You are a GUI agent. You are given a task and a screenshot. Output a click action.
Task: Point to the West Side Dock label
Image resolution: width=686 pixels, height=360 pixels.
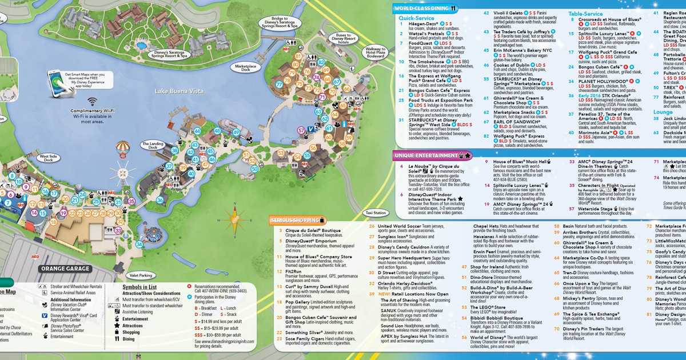[49, 158]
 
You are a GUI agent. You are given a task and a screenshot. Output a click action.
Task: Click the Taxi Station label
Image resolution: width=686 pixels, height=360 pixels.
[376, 212]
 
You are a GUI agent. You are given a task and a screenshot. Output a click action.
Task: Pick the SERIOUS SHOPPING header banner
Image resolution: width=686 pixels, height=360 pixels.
[297, 220]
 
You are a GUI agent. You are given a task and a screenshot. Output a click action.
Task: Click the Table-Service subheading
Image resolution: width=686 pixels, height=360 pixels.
[585, 13]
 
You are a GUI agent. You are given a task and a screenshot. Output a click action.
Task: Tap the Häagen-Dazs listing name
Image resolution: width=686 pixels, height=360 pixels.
[424, 24]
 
